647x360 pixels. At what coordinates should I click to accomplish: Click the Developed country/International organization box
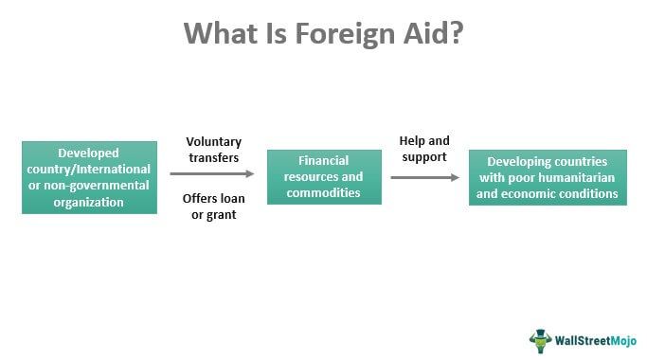[x=89, y=177]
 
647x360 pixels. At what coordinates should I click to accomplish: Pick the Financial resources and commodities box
[x=324, y=177]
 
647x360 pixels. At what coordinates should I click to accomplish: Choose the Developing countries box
[x=548, y=177]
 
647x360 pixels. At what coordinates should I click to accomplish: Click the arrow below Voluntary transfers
[x=212, y=173]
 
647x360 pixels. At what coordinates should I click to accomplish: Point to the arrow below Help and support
[x=425, y=176]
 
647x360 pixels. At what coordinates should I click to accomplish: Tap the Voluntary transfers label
[x=212, y=150]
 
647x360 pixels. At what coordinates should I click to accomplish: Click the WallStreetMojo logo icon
[x=541, y=338]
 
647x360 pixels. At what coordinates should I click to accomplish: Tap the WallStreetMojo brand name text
[x=597, y=339]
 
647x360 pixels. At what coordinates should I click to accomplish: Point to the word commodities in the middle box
[x=324, y=192]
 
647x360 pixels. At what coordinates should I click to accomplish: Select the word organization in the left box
[x=89, y=201]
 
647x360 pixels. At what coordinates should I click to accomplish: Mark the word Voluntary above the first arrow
[x=212, y=142]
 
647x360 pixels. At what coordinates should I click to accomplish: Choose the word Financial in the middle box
[x=324, y=161]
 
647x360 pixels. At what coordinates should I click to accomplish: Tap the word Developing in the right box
[x=521, y=162]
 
